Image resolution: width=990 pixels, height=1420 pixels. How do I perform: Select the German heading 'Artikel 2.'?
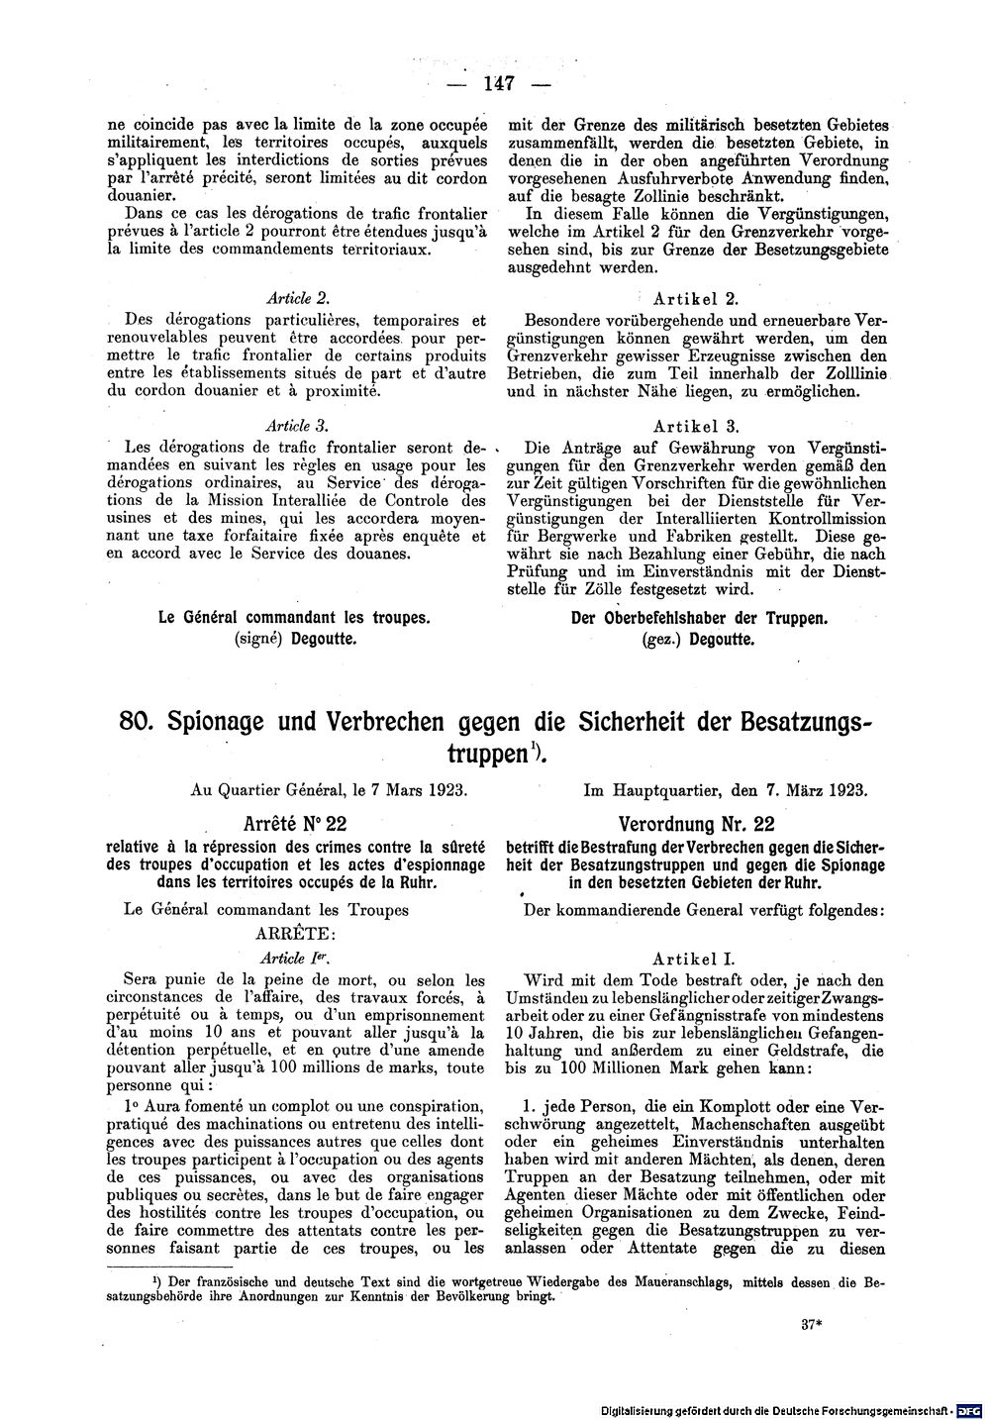point(696,297)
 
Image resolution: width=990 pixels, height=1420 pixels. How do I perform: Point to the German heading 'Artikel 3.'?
point(696,426)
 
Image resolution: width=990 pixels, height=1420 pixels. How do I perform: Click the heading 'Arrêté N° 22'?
point(296,823)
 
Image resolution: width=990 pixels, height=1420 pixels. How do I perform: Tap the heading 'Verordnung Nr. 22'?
point(696,823)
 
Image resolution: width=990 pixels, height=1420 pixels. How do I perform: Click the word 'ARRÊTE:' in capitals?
point(296,933)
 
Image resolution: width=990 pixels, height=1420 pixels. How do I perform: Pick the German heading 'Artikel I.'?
point(696,959)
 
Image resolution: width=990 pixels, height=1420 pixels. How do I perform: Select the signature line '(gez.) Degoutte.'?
point(697,639)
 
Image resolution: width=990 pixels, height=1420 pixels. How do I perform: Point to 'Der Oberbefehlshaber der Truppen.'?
point(698,617)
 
